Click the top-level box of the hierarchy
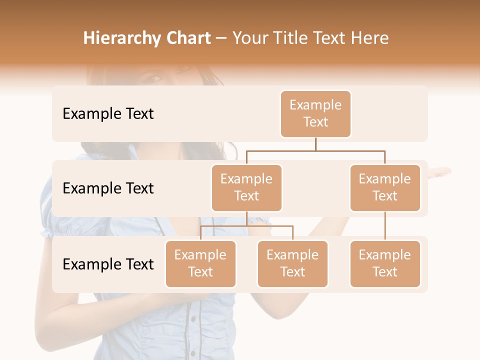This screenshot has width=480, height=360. click(x=315, y=114)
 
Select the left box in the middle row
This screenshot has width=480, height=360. click(x=246, y=188)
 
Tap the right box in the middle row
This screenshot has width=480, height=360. click(x=385, y=188)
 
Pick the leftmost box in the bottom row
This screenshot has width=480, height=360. click(x=200, y=264)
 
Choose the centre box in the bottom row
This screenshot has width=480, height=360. click(x=292, y=264)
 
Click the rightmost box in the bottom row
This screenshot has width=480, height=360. click(x=385, y=264)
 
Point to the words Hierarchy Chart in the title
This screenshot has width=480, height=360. click(x=147, y=38)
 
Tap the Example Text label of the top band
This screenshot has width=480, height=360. click(x=108, y=114)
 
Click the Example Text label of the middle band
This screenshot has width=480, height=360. click(x=108, y=188)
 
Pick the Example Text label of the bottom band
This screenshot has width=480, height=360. click(x=108, y=264)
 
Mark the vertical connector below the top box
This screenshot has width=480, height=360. click(x=315, y=144)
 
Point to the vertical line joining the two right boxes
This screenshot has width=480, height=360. click(x=385, y=226)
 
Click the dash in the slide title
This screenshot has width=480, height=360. click(x=221, y=38)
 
